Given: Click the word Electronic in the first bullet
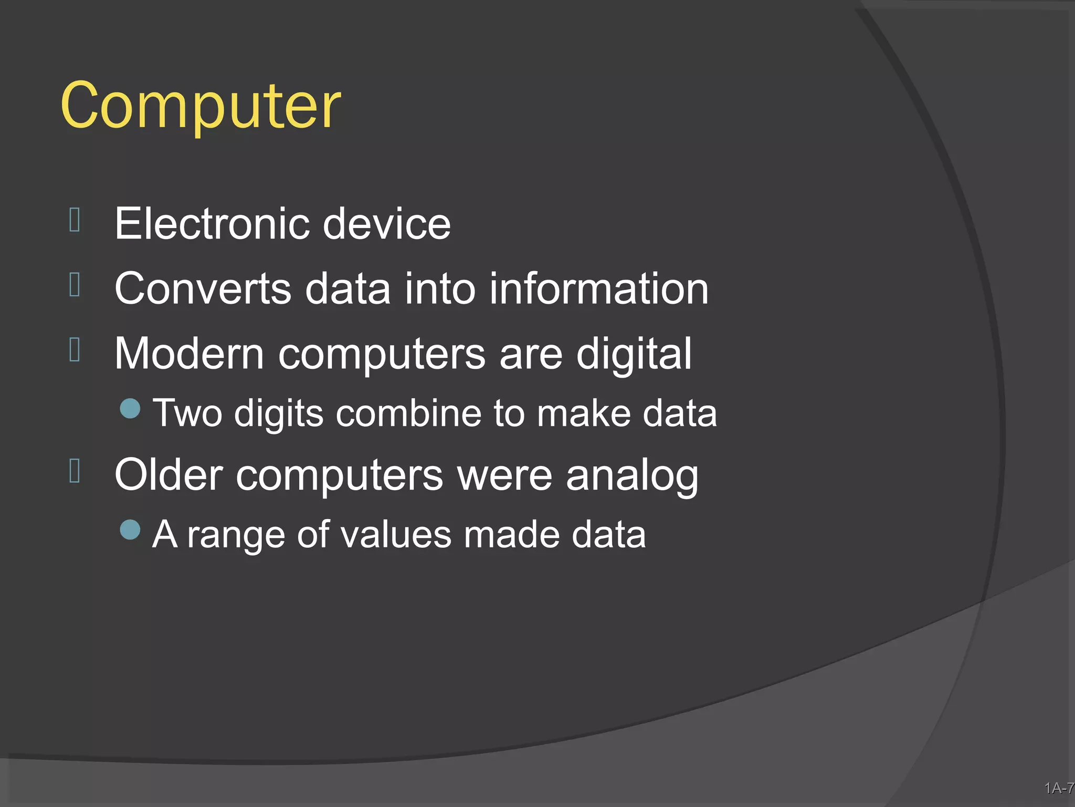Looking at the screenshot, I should click(x=211, y=223).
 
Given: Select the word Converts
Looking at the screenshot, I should click(x=203, y=288).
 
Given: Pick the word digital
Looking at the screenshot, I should click(x=634, y=355).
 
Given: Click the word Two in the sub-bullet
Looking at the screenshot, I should click(x=187, y=413).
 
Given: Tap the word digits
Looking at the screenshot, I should click(x=278, y=414).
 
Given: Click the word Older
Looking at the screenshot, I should click(x=169, y=475).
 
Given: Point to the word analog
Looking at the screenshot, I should click(x=632, y=476).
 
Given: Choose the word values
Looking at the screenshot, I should click(x=396, y=535).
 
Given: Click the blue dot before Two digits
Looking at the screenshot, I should click(x=130, y=408).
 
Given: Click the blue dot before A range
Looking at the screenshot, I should click(x=130, y=530).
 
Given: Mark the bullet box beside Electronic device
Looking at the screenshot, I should click(x=75, y=220).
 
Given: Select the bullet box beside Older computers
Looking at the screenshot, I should click(x=75, y=470).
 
